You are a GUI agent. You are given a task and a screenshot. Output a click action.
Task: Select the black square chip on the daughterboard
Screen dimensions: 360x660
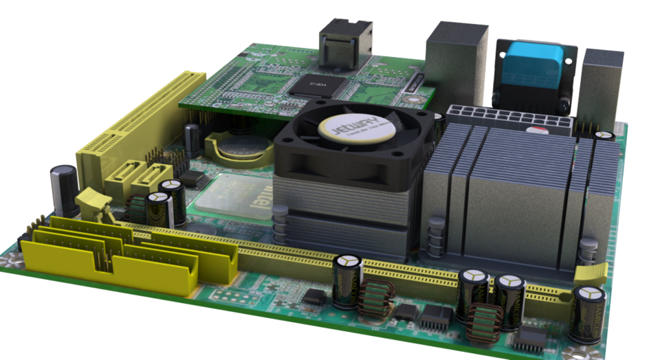(x=317, y=85)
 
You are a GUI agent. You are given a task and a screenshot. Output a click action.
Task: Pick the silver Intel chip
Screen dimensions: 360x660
(x=234, y=196)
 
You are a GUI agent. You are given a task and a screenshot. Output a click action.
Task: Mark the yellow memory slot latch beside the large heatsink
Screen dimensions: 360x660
(x=591, y=272)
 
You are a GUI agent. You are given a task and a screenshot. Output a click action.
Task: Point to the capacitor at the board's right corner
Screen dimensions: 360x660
(x=588, y=313)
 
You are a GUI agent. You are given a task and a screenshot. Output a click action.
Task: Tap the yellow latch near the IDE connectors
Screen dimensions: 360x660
(x=93, y=203)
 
